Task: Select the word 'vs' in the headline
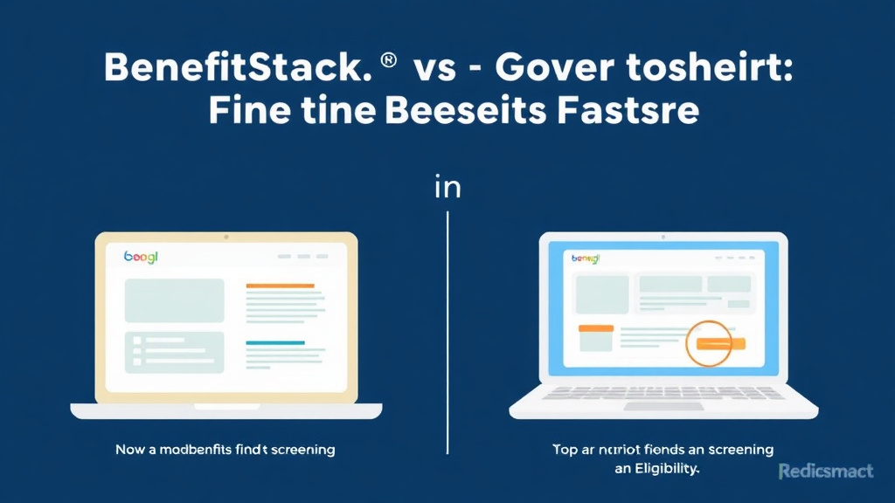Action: [x=434, y=70]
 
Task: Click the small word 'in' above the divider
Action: [x=447, y=187]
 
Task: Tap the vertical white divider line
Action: [x=447, y=332]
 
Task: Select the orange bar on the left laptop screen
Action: [x=280, y=286]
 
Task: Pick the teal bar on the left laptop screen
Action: [x=274, y=343]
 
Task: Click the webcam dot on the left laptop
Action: [x=225, y=237]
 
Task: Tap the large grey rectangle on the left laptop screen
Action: [x=174, y=300]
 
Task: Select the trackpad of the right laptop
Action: [x=663, y=406]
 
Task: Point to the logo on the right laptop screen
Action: [x=587, y=258]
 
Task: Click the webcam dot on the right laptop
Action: [x=663, y=238]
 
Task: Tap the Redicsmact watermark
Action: [x=825, y=472]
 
